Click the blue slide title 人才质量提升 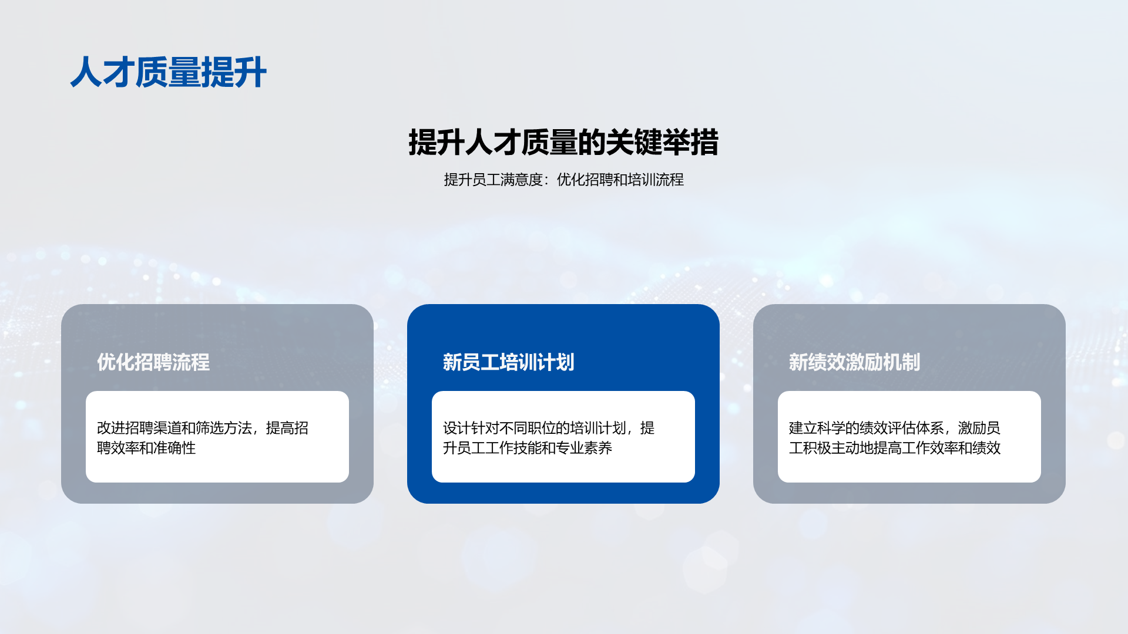point(169,72)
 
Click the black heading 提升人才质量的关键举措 point(563,142)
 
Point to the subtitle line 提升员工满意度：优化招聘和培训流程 point(563,180)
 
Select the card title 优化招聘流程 point(153,362)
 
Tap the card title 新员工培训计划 point(509,362)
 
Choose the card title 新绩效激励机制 point(855,362)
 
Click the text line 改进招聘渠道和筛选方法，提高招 point(203,428)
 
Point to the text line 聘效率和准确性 point(146,448)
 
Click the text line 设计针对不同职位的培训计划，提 point(549,428)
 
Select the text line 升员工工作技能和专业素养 point(528,448)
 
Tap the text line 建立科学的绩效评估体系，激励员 point(895,428)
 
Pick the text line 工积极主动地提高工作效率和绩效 point(895,448)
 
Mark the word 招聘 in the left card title point(153,362)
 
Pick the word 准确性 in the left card point(174,448)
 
